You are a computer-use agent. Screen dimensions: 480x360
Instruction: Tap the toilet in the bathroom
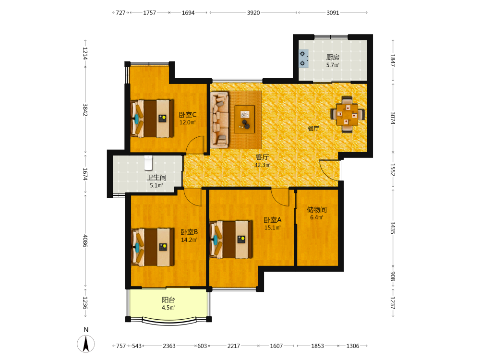coord(148,163)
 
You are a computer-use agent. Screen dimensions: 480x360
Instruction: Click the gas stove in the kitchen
coord(304,59)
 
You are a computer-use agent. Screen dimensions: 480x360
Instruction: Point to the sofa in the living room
coord(219,120)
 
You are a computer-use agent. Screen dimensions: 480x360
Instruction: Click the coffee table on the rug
coord(245,119)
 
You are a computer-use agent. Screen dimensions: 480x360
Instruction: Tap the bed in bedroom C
coord(152,118)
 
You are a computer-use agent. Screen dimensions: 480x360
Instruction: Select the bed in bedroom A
coord(231,240)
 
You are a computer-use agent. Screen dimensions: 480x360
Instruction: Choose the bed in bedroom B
coord(153,246)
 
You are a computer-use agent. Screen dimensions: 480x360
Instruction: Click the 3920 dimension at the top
coord(253,13)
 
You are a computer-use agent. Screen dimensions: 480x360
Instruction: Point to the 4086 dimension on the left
coord(85,241)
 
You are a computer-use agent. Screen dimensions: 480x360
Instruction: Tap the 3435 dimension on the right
coord(393,228)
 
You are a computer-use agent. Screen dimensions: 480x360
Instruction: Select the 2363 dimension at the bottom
coord(169,346)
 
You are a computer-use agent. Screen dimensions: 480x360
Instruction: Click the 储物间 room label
coord(317,210)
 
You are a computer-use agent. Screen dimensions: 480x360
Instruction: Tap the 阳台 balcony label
coord(168,300)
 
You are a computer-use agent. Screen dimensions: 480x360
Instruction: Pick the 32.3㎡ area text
coord(263,165)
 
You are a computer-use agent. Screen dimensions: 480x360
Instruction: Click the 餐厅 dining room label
coord(313,129)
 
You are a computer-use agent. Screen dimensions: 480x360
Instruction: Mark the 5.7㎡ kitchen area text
coord(333,65)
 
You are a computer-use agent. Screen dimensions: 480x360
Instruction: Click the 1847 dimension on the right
coord(393,60)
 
